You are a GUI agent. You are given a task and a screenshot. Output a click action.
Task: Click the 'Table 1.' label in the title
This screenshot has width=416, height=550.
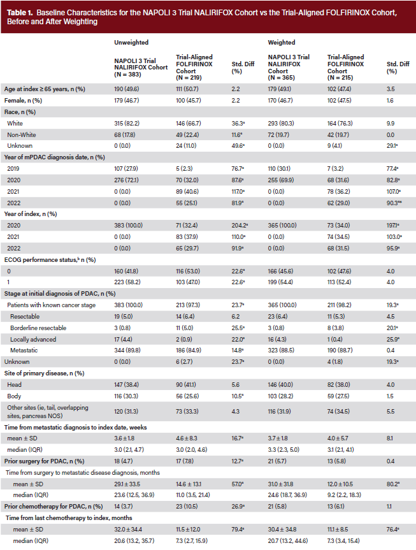[x=20, y=13]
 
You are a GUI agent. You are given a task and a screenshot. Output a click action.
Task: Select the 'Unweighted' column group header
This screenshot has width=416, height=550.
[x=131, y=43]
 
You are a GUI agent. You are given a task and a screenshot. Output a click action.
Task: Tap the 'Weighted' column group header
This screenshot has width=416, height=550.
[x=282, y=43]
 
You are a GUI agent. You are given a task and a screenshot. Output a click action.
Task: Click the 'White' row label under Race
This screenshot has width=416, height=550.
[x=15, y=124]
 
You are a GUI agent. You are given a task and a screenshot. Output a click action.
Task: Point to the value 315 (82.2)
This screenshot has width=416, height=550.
[x=127, y=124]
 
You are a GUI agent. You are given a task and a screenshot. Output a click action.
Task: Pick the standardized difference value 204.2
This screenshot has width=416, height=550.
[x=240, y=226]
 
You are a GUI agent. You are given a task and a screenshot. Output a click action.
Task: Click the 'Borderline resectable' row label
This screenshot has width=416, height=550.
[x=38, y=328]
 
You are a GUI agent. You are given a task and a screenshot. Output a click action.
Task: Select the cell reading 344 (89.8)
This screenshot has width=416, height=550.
[x=127, y=351]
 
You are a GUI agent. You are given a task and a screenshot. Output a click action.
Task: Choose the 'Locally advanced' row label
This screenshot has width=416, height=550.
[x=33, y=340]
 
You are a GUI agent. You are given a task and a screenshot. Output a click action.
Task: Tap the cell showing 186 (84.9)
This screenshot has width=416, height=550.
[x=189, y=351]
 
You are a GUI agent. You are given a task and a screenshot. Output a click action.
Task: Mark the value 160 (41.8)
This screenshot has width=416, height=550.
[x=126, y=271]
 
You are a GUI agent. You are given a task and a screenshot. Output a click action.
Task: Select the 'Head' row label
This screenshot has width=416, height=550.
[x=14, y=385]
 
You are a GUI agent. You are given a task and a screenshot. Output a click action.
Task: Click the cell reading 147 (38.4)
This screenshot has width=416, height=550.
[x=126, y=385]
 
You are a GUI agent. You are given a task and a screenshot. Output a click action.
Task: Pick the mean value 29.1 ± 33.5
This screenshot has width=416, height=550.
[x=127, y=484]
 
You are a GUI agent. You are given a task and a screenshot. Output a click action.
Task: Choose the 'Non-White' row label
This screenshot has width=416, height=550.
[x=22, y=135]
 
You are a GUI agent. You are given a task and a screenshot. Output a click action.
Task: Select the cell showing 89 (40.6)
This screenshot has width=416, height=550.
[x=187, y=192]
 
